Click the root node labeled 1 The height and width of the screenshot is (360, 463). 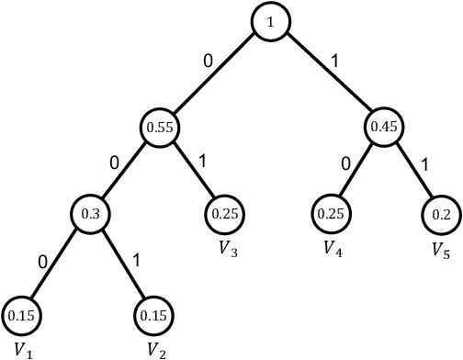click(x=272, y=22)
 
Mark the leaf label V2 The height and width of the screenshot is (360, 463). click(x=155, y=350)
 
